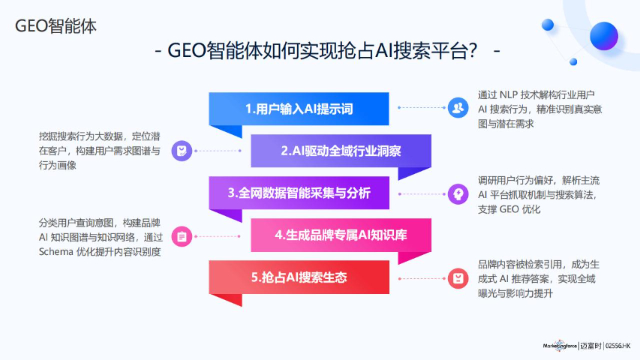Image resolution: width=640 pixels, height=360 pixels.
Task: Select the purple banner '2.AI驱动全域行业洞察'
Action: point(341,151)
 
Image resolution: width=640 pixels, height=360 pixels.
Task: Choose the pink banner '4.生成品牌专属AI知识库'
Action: point(341,235)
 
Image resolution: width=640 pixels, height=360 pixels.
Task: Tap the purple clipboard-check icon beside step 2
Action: point(182,151)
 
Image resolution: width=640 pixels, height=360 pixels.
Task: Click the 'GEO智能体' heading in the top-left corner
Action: point(56,25)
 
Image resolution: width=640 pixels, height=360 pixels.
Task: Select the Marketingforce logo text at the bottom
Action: point(560,346)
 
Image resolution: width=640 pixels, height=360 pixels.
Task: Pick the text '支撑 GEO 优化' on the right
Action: point(509,209)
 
